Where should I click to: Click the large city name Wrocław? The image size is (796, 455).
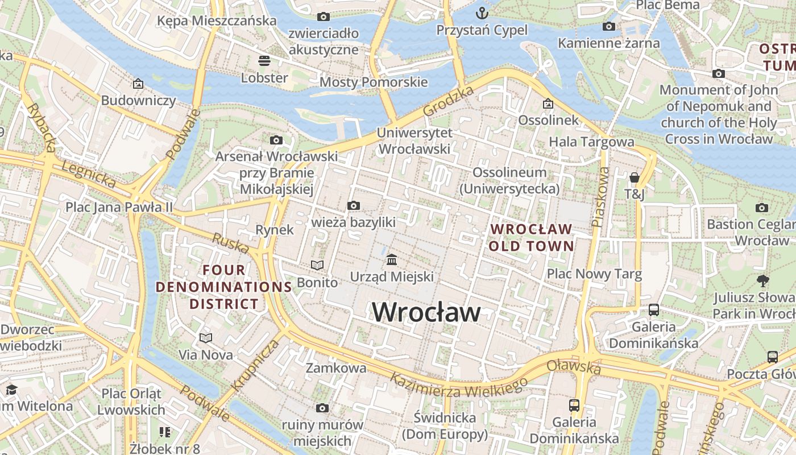[x=426, y=312]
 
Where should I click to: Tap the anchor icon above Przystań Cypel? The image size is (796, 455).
[x=482, y=13]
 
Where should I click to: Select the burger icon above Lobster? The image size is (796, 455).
[x=264, y=60]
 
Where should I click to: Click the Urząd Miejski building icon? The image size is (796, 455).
[x=392, y=260]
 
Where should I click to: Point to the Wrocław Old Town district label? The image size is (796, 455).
[x=531, y=238]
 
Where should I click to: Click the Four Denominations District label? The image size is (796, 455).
[x=224, y=287]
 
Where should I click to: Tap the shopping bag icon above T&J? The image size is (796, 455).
[x=635, y=177]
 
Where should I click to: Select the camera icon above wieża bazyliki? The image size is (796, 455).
[x=353, y=205]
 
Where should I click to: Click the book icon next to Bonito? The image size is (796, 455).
[x=317, y=265]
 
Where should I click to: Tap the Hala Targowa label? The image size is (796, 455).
[x=591, y=142]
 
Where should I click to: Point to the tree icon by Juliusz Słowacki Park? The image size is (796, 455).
[x=762, y=280]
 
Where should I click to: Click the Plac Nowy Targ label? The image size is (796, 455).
[x=594, y=274]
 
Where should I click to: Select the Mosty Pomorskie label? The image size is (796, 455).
[x=374, y=82]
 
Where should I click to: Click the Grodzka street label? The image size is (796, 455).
[x=449, y=102]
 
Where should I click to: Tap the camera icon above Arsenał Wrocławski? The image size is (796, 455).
[x=276, y=140]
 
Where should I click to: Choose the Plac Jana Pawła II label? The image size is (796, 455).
[x=119, y=207]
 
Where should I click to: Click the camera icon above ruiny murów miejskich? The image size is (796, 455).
[x=322, y=408]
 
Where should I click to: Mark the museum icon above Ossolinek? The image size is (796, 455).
[x=548, y=104]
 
